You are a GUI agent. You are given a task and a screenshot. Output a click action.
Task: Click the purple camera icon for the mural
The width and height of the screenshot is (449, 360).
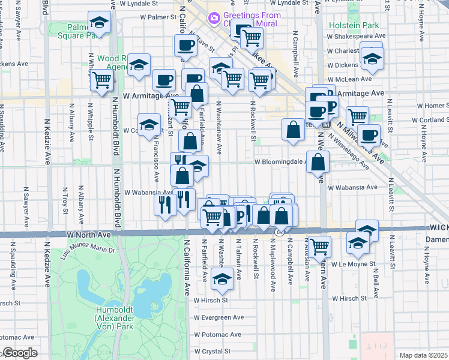click(214, 19)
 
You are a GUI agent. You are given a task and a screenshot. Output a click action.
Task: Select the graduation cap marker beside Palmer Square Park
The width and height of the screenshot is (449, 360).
click(100, 24)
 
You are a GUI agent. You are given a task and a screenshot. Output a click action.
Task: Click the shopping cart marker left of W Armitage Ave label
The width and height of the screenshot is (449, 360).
click(102, 80)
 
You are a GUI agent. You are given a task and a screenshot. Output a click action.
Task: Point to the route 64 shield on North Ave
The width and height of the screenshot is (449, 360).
click(279, 232)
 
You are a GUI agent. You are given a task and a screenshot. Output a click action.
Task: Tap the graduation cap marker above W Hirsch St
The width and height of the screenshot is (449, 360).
click(223, 278)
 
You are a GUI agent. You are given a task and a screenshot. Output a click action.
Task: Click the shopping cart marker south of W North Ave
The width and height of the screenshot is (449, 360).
click(320, 245)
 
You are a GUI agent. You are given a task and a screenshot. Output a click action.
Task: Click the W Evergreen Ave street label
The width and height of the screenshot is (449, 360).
click(218, 317)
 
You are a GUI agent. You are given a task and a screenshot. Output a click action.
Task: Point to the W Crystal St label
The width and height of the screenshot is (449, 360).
click(212, 352)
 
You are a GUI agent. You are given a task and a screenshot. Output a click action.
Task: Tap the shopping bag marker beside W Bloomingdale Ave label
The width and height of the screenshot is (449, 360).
click(318, 161)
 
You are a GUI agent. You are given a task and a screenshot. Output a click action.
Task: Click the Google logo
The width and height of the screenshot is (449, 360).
click(19, 353)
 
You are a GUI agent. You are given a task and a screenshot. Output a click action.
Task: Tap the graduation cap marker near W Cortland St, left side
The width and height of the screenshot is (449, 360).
click(150, 126)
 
